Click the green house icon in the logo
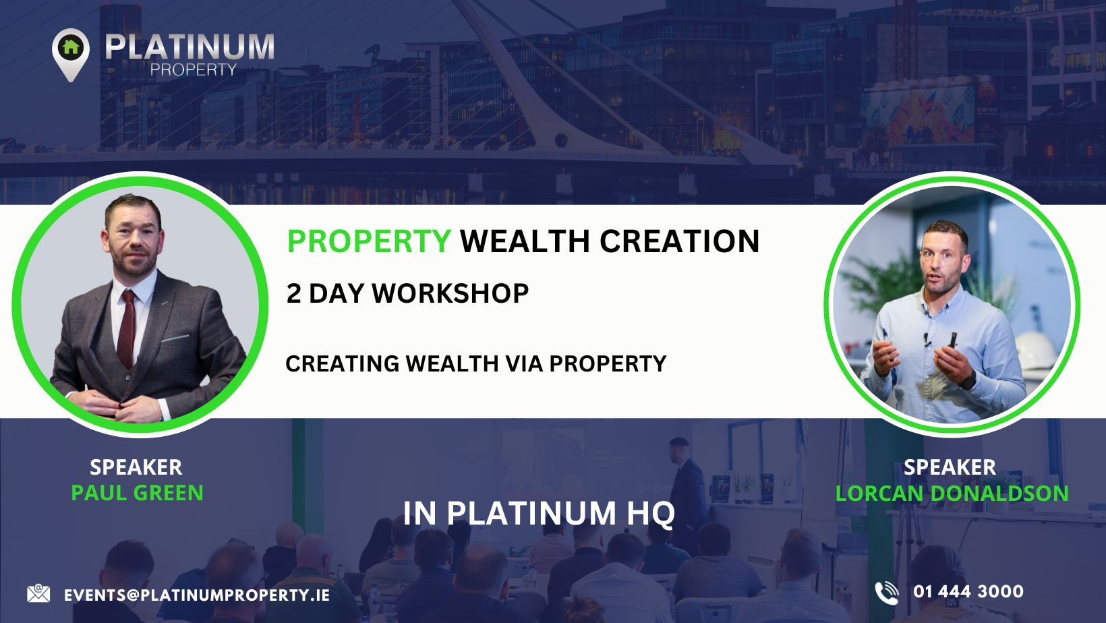point(71,47)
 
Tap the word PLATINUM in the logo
point(190,47)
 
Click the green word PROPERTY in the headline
point(369,241)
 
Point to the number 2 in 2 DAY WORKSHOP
point(293,293)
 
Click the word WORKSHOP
point(450,293)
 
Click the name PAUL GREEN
point(138,493)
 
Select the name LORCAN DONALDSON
point(952,493)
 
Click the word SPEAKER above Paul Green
point(136,467)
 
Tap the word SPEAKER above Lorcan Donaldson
point(950,467)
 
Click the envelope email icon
point(38,593)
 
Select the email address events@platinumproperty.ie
point(197,595)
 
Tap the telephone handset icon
point(887,593)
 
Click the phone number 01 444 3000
point(968,591)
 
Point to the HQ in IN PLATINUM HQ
point(651,514)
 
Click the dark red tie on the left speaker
point(127,329)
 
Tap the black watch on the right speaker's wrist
point(968,380)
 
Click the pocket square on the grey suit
point(175,338)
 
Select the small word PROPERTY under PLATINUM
point(194,70)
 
